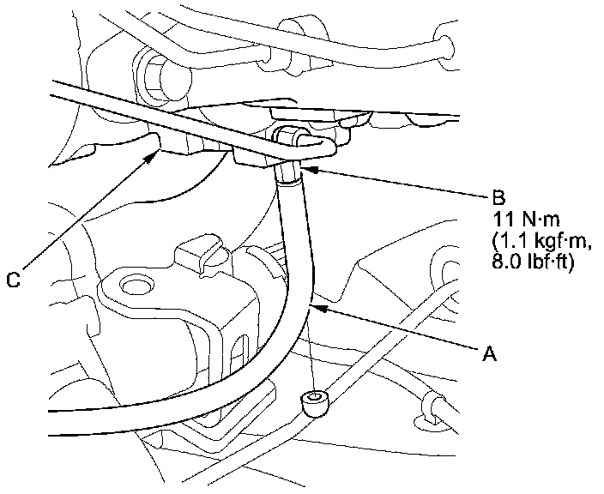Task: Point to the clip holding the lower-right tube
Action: click(x=432, y=408)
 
